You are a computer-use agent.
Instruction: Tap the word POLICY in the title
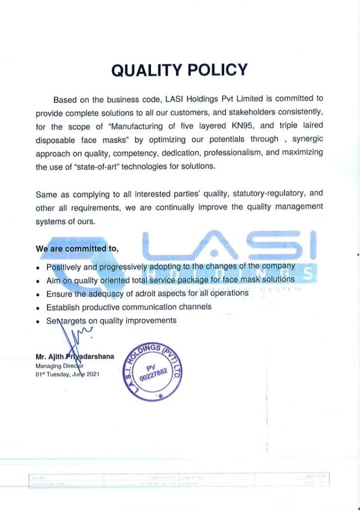(217, 71)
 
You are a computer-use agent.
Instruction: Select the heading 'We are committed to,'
(77, 249)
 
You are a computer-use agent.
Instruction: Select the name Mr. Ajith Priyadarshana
(75, 357)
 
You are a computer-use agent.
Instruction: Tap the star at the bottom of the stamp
(160, 395)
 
